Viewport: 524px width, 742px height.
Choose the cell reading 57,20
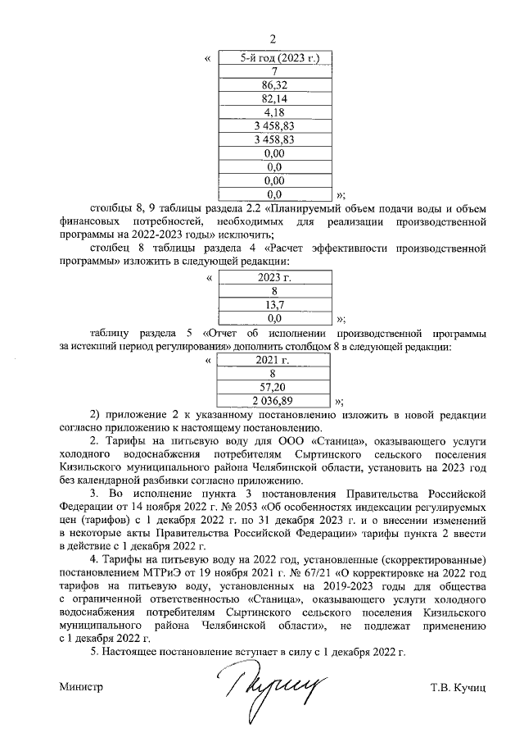(x=274, y=386)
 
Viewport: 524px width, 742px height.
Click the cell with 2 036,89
(x=274, y=400)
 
